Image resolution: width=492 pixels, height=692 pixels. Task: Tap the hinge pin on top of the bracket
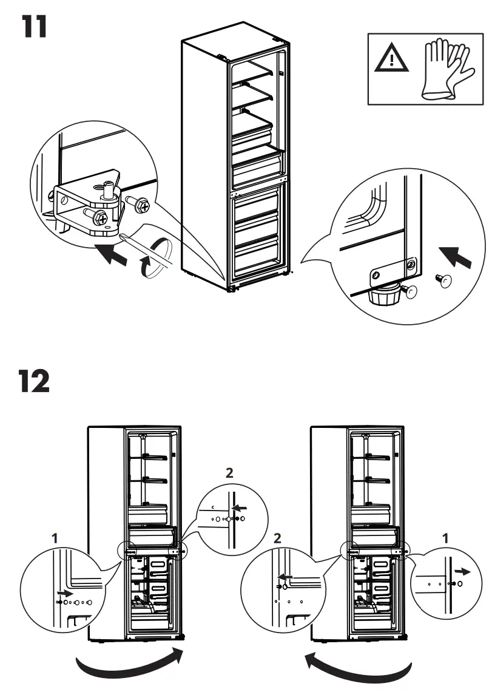click(x=109, y=189)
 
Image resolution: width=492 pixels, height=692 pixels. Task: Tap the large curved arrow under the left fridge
click(x=129, y=665)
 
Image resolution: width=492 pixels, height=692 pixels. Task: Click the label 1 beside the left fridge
click(x=55, y=537)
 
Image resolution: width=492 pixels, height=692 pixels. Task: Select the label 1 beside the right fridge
click(x=447, y=537)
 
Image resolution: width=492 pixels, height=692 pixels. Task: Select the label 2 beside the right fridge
click(x=278, y=537)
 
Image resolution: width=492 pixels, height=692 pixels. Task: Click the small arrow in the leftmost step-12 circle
click(x=64, y=592)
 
